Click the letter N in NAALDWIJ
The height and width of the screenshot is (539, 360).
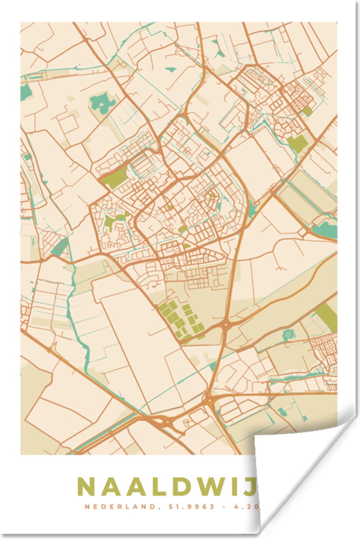point(87,486)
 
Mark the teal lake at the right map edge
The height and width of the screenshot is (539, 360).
point(326,230)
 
